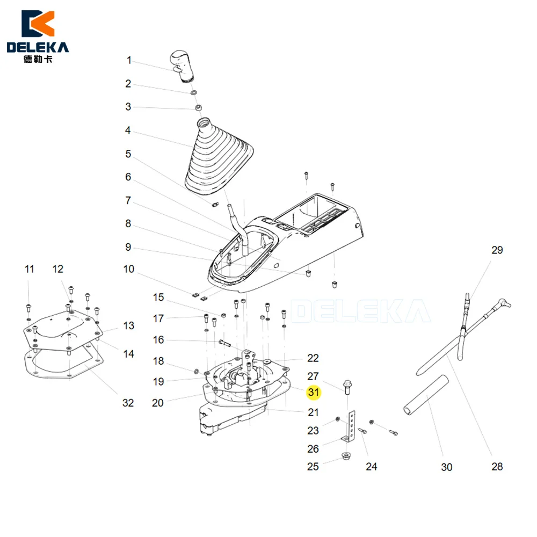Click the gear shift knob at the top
(x=182, y=66)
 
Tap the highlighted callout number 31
(x=314, y=392)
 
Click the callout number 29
(x=497, y=250)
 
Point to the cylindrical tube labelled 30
(x=426, y=395)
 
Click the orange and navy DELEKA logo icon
(x=38, y=24)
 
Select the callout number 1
(x=129, y=60)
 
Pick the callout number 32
(x=128, y=403)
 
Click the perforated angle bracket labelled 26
(x=350, y=426)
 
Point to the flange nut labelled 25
(x=346, y=456)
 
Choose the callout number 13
(x=129, y=325)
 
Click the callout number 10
(x=129, y=269)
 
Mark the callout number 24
(x=371, y=467)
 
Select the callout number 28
(x=497, y=467)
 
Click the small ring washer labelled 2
(x=194, y=92)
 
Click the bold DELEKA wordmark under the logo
(x=38, y=47)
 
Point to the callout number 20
(x=157, y=403)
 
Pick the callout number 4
(x=128, y=130)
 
